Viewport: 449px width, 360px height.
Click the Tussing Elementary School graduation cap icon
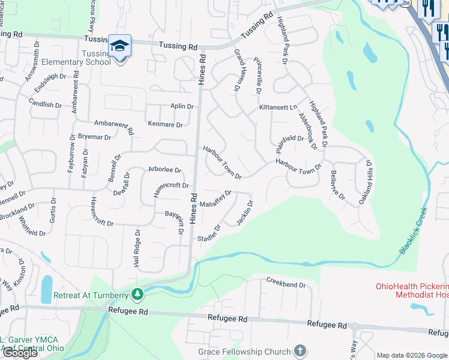[x=119, y=46]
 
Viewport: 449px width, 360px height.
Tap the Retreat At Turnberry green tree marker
[x=138, y=294]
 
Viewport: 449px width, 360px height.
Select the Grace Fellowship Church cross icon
[x=300, y=351]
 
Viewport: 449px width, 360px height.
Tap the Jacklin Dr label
[x=245, y=213]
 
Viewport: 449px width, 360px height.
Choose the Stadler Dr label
[x=209, y=234]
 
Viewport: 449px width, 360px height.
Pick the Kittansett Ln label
[x=278, y=107]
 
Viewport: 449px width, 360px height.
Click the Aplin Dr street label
[x=182, y=106]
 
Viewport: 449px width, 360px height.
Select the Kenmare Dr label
[x=166, y=125]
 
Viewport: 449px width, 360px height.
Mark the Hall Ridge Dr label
[x=137, y=248]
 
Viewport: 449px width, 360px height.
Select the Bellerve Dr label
[x=338, y=185]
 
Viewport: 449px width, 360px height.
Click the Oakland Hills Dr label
[x=366, y=183]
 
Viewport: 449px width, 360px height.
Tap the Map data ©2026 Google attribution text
[x=411, y=355]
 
